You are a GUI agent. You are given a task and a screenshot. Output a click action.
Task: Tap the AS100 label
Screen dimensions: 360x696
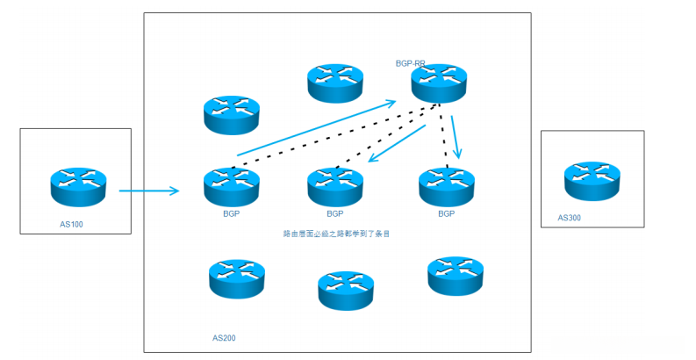pyautogui.click(x=71, y=225)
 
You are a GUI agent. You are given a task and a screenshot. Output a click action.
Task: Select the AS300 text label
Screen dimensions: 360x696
pyautogui.click(x=569, y=218)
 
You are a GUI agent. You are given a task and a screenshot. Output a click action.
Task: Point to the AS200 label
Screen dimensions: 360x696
pyautogui.click(x=224, y=337)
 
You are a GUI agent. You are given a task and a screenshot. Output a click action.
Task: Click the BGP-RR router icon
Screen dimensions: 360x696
pyautogui.click(x=439, y=84)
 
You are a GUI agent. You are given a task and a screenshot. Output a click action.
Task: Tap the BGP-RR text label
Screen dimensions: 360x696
pyautogui.click(x=411, y=64)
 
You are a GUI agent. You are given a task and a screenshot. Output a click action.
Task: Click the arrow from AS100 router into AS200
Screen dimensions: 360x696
pyautogui.click(x=148, y=190)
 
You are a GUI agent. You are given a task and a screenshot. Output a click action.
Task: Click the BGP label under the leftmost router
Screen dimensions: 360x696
pyautogui.click(x=232, y=213)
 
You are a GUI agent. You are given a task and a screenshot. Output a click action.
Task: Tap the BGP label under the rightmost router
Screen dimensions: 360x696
pyautogui.click(x=447, y=213)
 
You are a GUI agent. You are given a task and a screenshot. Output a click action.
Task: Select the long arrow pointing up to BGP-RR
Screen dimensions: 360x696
pyautogui.click(x=316, y=127)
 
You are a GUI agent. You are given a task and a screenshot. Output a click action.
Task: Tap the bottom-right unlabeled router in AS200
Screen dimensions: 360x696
pyautogui.click(x=455, y=276)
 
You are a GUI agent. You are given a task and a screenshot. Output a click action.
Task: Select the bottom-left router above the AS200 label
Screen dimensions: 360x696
pyautogui.click(x=237, y=278)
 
